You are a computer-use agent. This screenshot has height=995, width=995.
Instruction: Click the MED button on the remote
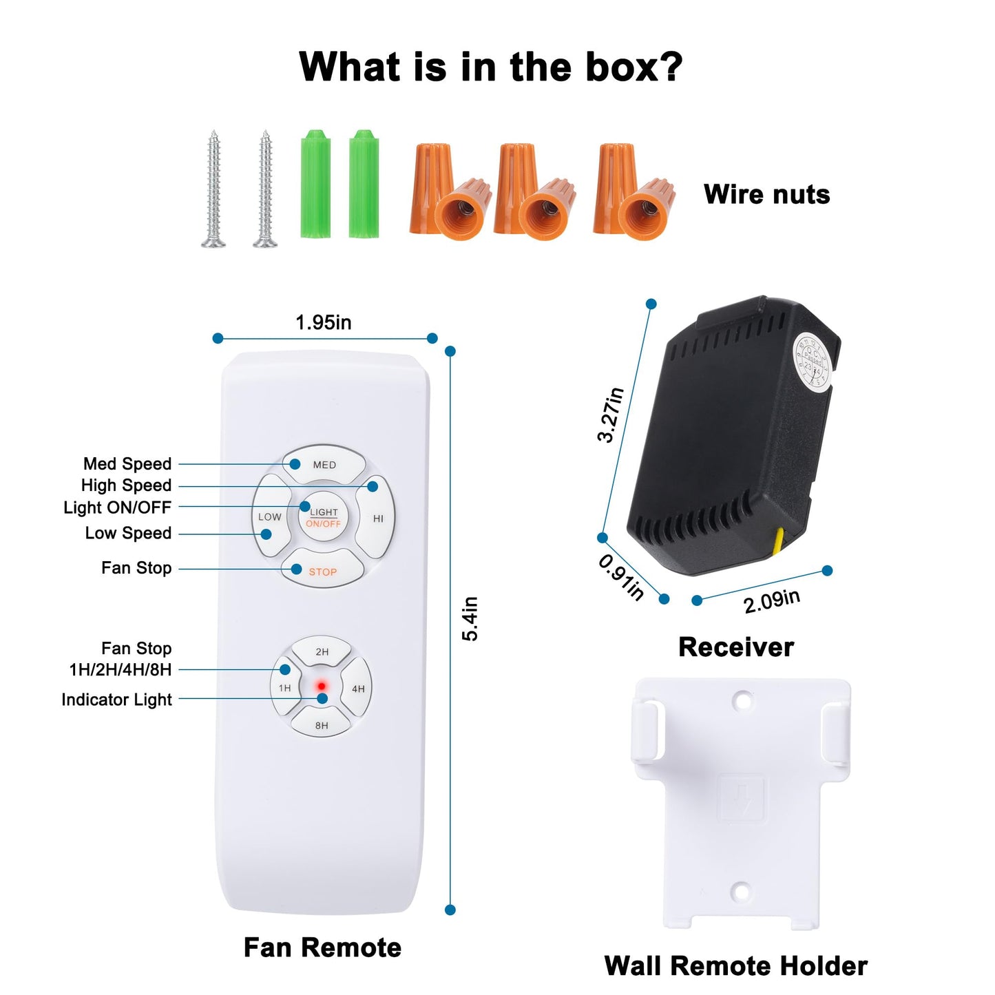324,465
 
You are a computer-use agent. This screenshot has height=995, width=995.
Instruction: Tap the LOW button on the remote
270,516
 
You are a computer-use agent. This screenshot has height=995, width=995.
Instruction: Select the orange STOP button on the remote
322,571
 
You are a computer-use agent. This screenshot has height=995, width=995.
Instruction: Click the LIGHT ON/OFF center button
323,517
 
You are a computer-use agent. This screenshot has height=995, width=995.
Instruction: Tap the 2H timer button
322,651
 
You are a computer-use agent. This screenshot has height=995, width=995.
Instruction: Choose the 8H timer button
322,725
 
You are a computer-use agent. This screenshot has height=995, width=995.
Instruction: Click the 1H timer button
284,688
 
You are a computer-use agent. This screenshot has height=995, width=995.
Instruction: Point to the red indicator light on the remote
321,687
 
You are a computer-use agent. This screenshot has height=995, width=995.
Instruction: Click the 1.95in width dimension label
323,322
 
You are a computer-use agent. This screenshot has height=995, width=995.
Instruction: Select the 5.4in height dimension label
470,618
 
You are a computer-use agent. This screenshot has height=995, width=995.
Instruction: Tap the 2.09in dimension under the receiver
771,600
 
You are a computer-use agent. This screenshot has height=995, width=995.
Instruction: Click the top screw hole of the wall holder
742,701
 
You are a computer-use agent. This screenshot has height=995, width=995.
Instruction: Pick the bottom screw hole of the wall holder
740,892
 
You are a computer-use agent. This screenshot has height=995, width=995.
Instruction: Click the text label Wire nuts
766,194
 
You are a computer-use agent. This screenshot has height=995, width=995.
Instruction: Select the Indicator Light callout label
116,700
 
